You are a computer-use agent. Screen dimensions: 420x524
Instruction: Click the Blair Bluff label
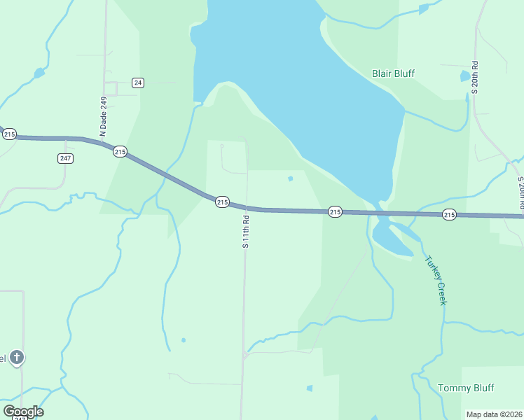tap(393, 73)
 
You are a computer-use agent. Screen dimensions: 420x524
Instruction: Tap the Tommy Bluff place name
tap(466, 388)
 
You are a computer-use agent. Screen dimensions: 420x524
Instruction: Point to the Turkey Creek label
tap(436, 280)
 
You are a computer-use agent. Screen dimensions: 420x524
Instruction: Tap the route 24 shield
tap(137, 83)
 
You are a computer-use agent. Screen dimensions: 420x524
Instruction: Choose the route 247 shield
tap(65, 158)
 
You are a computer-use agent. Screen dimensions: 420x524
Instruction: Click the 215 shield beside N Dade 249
tap(120, 151)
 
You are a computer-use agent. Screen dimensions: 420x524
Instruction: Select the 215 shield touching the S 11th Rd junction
tap(222, 202)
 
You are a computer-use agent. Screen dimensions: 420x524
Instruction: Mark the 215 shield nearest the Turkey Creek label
tap(450, 214)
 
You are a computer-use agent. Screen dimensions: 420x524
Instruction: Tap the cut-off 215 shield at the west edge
tap(8, 134)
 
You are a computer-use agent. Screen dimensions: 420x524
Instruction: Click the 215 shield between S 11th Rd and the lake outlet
tap(335, 211)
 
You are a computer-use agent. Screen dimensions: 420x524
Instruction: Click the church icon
tap(17, 358)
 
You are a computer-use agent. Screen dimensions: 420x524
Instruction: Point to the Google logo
tap(23, 411)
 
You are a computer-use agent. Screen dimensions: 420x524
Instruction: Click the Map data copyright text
tap(493, 414)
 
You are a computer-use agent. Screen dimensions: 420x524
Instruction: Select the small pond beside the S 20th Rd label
tap(465, 76)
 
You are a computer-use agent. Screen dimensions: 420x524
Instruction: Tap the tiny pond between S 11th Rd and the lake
tap(290, 178)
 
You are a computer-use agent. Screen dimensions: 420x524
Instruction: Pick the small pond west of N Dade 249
tap(39, 72)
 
